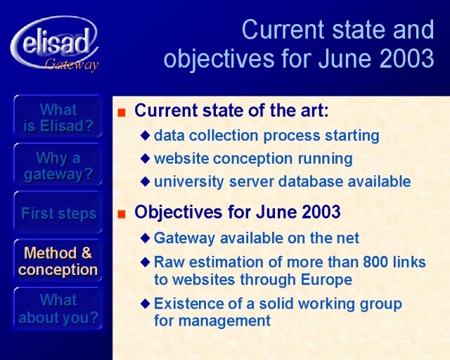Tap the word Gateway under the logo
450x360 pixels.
pyautogui.click(x=72, y=65)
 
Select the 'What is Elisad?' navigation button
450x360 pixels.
pyautogui.click(x=58, y=117)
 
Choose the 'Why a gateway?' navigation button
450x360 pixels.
pyautogui.click(x=58, y=166)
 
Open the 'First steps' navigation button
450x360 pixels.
pyautogui.click(x=58, y=214)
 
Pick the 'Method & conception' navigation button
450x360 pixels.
pyautogui.click(x=58, y=262)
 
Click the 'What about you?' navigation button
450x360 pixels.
pyautogui.click(x=58, y=309)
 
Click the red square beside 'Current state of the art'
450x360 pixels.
pyautogui.click(x=122, y=112)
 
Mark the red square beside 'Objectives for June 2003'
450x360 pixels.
pyautogui.click(x=122, y=214)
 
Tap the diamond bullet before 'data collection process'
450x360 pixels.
pyautogui.click(x=146, y=136)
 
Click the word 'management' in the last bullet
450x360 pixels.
pyautogui.click(x=225, y=321)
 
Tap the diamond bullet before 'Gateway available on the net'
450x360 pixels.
pyautogui.click(x=146, y=238)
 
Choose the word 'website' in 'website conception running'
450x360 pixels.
pyautogui.click(x=181, y=158)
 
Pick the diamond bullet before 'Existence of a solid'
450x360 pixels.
pyautogui.click(x=146, y=304)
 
